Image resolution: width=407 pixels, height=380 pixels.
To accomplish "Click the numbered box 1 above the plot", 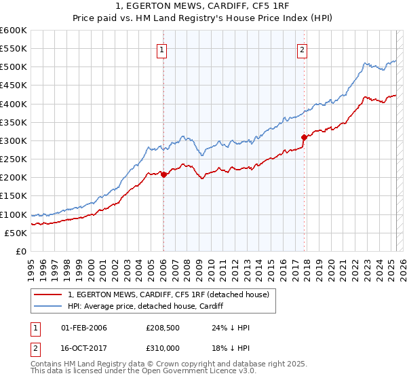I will pyautogui.click(x=163, y=49).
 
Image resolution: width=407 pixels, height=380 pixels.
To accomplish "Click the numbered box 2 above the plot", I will pyautogui.click(x=302, y=49).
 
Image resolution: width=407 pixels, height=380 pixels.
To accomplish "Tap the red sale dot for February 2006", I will pyautogui.click(x=163, y=174).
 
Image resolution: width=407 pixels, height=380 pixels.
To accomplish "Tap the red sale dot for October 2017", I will pyautogui.click(x=304, y=137).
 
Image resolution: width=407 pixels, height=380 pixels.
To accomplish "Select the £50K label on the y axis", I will pyautogui.click(x=16, y=233).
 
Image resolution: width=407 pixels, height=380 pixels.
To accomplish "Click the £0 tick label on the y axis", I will pyautogui.click(x=20, y=251).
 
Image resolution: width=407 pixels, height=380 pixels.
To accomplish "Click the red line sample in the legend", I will pyautogui.click(x=49, y=294).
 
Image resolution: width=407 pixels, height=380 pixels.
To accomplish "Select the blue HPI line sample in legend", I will pyautogui.click(x=49, y=306).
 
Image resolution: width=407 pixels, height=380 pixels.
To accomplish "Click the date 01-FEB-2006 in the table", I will pyautogui.click(x=83, y=328).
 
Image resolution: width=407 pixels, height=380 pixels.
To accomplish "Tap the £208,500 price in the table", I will pyautogui.click(x=161, y=328).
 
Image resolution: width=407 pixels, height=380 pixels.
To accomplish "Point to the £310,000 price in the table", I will pyautogui.click(x=161, y=347).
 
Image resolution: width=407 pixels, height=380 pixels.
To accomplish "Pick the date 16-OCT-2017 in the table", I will pyautogui.click(x=83, y=347).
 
